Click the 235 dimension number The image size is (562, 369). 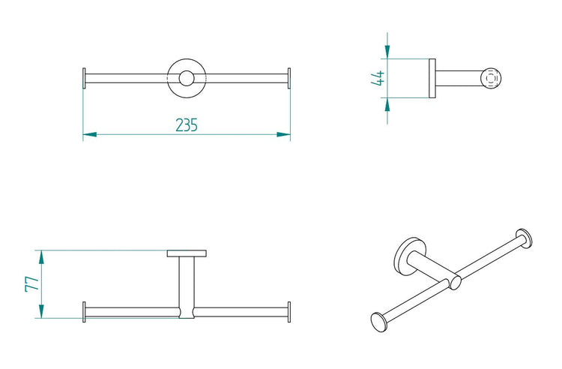[187, 124]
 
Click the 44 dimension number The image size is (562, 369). [378, 78]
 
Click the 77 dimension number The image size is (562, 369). [32, 284]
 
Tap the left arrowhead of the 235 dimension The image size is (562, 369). [90, 134]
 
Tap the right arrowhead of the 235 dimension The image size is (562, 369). [283, 134]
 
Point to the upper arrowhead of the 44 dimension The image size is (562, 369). [387, 52]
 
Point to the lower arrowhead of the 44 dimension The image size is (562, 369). [387, 104]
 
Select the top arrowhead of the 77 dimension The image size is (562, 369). [41, 256]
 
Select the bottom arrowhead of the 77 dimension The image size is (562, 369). [41, 311]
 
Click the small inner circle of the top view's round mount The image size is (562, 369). [187, 78]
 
